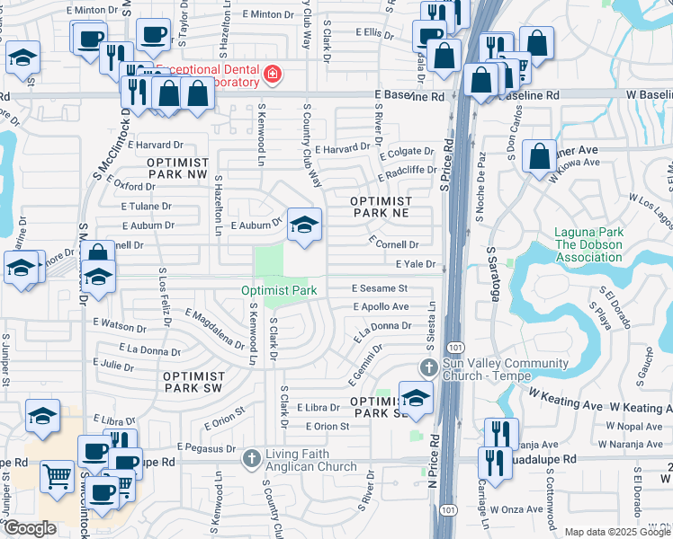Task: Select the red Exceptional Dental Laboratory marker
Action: point(271,73)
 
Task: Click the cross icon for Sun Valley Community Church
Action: point(429,368)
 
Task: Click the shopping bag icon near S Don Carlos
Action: point(538,155)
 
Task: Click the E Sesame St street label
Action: point(380,288)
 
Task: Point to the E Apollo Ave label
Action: point(381,306)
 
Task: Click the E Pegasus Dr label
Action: point(206,446)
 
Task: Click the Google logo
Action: point(30,529)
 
